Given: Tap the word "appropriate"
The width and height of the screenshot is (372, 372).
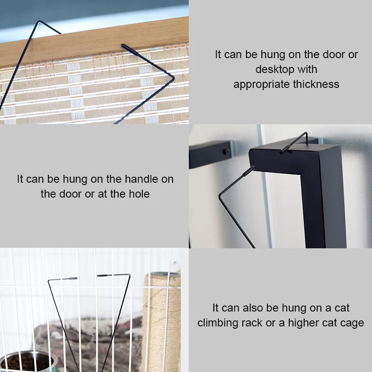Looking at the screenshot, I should click(x=262, y=84).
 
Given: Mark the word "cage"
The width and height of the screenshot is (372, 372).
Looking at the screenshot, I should click(x=352, y=322).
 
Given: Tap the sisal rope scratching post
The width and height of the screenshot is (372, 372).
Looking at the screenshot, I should click(x=161, y=321).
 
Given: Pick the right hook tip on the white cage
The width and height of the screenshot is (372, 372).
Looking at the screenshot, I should click(x=105, y=275).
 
